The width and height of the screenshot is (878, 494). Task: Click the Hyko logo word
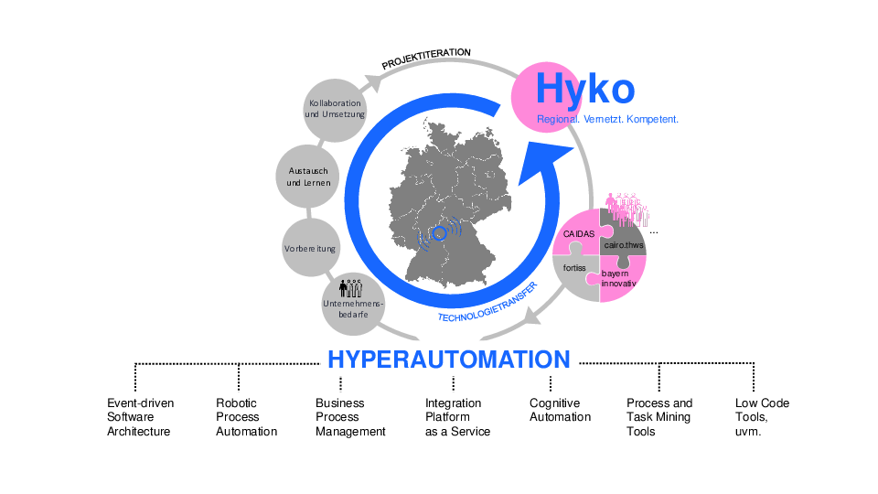pos(584,89)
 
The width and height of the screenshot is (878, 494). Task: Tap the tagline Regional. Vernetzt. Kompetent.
pos(607,119)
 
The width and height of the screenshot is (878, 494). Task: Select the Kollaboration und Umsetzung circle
pos(336,109)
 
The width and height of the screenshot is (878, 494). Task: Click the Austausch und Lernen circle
pos(308,177)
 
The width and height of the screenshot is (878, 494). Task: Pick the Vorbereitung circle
pos(310,248)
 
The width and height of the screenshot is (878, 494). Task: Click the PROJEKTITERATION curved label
pos(426,59)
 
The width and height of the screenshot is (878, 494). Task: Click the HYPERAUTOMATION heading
pos(448,359)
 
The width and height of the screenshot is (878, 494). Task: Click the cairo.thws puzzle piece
pos(625,244)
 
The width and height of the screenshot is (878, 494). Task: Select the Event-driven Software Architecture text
pos(140,417)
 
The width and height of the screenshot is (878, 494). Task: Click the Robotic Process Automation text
pos(246,417)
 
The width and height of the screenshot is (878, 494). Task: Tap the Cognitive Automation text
pos(560,410)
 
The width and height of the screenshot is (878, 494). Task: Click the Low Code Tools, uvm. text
pos(762,417)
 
